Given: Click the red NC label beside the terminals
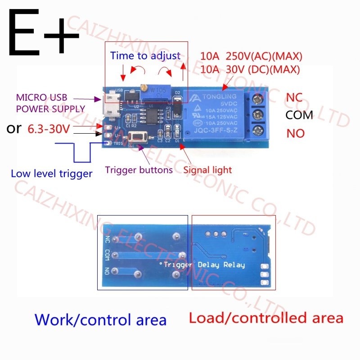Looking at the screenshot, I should pos(294,97).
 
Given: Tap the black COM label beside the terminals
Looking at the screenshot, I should pos(299,115).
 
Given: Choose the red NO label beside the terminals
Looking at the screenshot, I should pos(295,133).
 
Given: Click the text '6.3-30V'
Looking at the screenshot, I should pos(49,129).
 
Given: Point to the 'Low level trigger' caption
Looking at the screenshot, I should pos(51,173).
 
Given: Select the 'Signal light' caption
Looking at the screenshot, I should pos(207,170).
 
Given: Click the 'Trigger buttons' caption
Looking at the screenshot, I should pos(139,170).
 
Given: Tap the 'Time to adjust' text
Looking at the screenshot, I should pos(145,56).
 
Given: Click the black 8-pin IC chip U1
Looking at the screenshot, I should pos(151,115).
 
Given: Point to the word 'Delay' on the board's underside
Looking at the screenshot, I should pos(208,265).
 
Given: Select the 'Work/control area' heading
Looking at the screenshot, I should pos(101,320).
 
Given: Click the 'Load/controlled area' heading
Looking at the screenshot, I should pos(266,318).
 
